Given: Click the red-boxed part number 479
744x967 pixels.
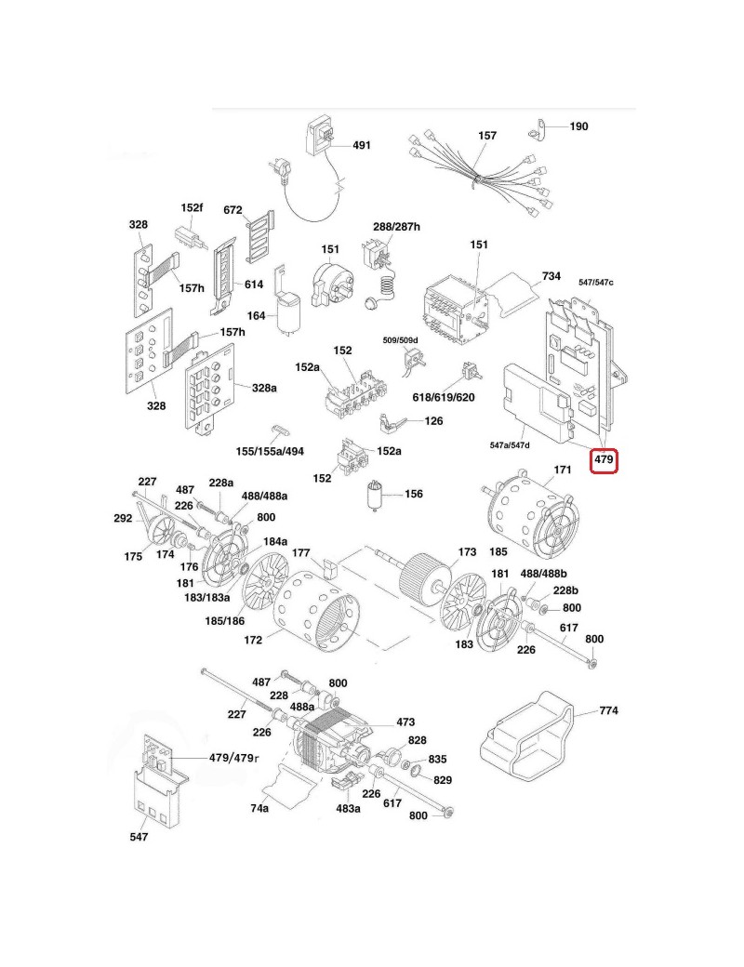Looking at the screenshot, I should tap(604, 459).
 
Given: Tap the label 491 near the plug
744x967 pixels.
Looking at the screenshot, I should tap(361, 146).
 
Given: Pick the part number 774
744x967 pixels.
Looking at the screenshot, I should tap(608, 711).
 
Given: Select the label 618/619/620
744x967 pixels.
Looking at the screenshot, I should tap(444, 398).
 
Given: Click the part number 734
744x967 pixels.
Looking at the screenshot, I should tap(551, 277).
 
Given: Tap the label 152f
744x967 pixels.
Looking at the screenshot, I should tap(192, 207).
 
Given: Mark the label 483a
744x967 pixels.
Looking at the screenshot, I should tap(348, 809).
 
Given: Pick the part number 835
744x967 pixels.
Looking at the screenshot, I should tap(437, 760).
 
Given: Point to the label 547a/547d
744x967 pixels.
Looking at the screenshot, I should tap(510, 446).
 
